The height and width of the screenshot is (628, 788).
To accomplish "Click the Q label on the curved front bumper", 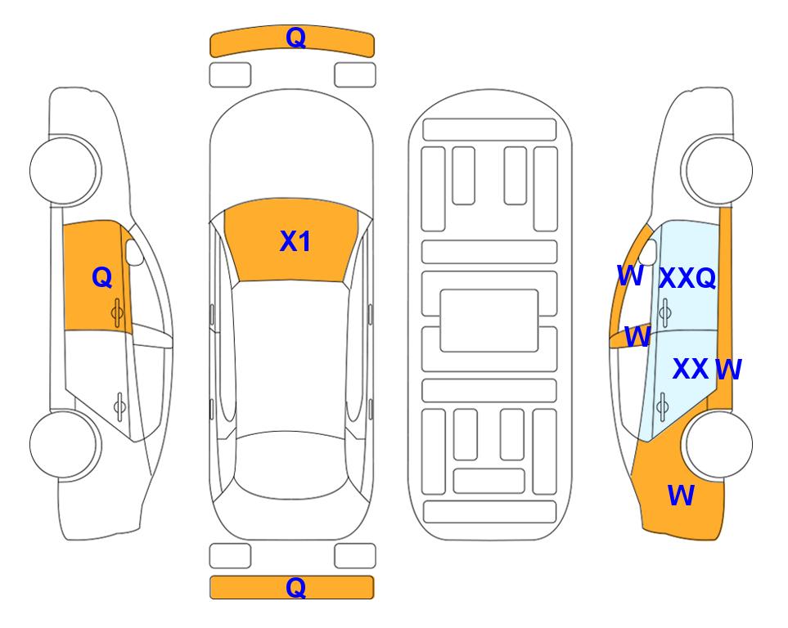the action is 295,38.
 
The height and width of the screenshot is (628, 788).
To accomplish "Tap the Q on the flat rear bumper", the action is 295,587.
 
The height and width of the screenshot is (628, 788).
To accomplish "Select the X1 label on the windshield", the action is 295,241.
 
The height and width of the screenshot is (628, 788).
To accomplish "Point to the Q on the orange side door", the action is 102,277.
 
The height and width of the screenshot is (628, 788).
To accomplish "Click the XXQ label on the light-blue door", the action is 687,278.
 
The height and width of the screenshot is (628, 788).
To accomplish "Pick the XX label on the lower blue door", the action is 691,369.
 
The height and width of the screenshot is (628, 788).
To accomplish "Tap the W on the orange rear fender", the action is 681,496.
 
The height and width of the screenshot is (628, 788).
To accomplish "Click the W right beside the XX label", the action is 728,370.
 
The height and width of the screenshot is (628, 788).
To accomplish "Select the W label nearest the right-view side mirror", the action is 630,276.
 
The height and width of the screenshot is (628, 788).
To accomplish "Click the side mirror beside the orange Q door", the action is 134,252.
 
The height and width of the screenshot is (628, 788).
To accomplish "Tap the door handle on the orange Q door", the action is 117,312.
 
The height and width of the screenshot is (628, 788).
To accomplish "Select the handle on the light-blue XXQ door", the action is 665,312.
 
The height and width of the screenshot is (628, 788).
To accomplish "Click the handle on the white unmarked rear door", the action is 119,406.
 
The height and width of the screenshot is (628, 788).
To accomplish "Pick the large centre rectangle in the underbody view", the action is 489,321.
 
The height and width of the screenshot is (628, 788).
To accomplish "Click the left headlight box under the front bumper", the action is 230,75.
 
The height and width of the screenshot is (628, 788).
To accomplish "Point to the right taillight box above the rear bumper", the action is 355,556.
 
